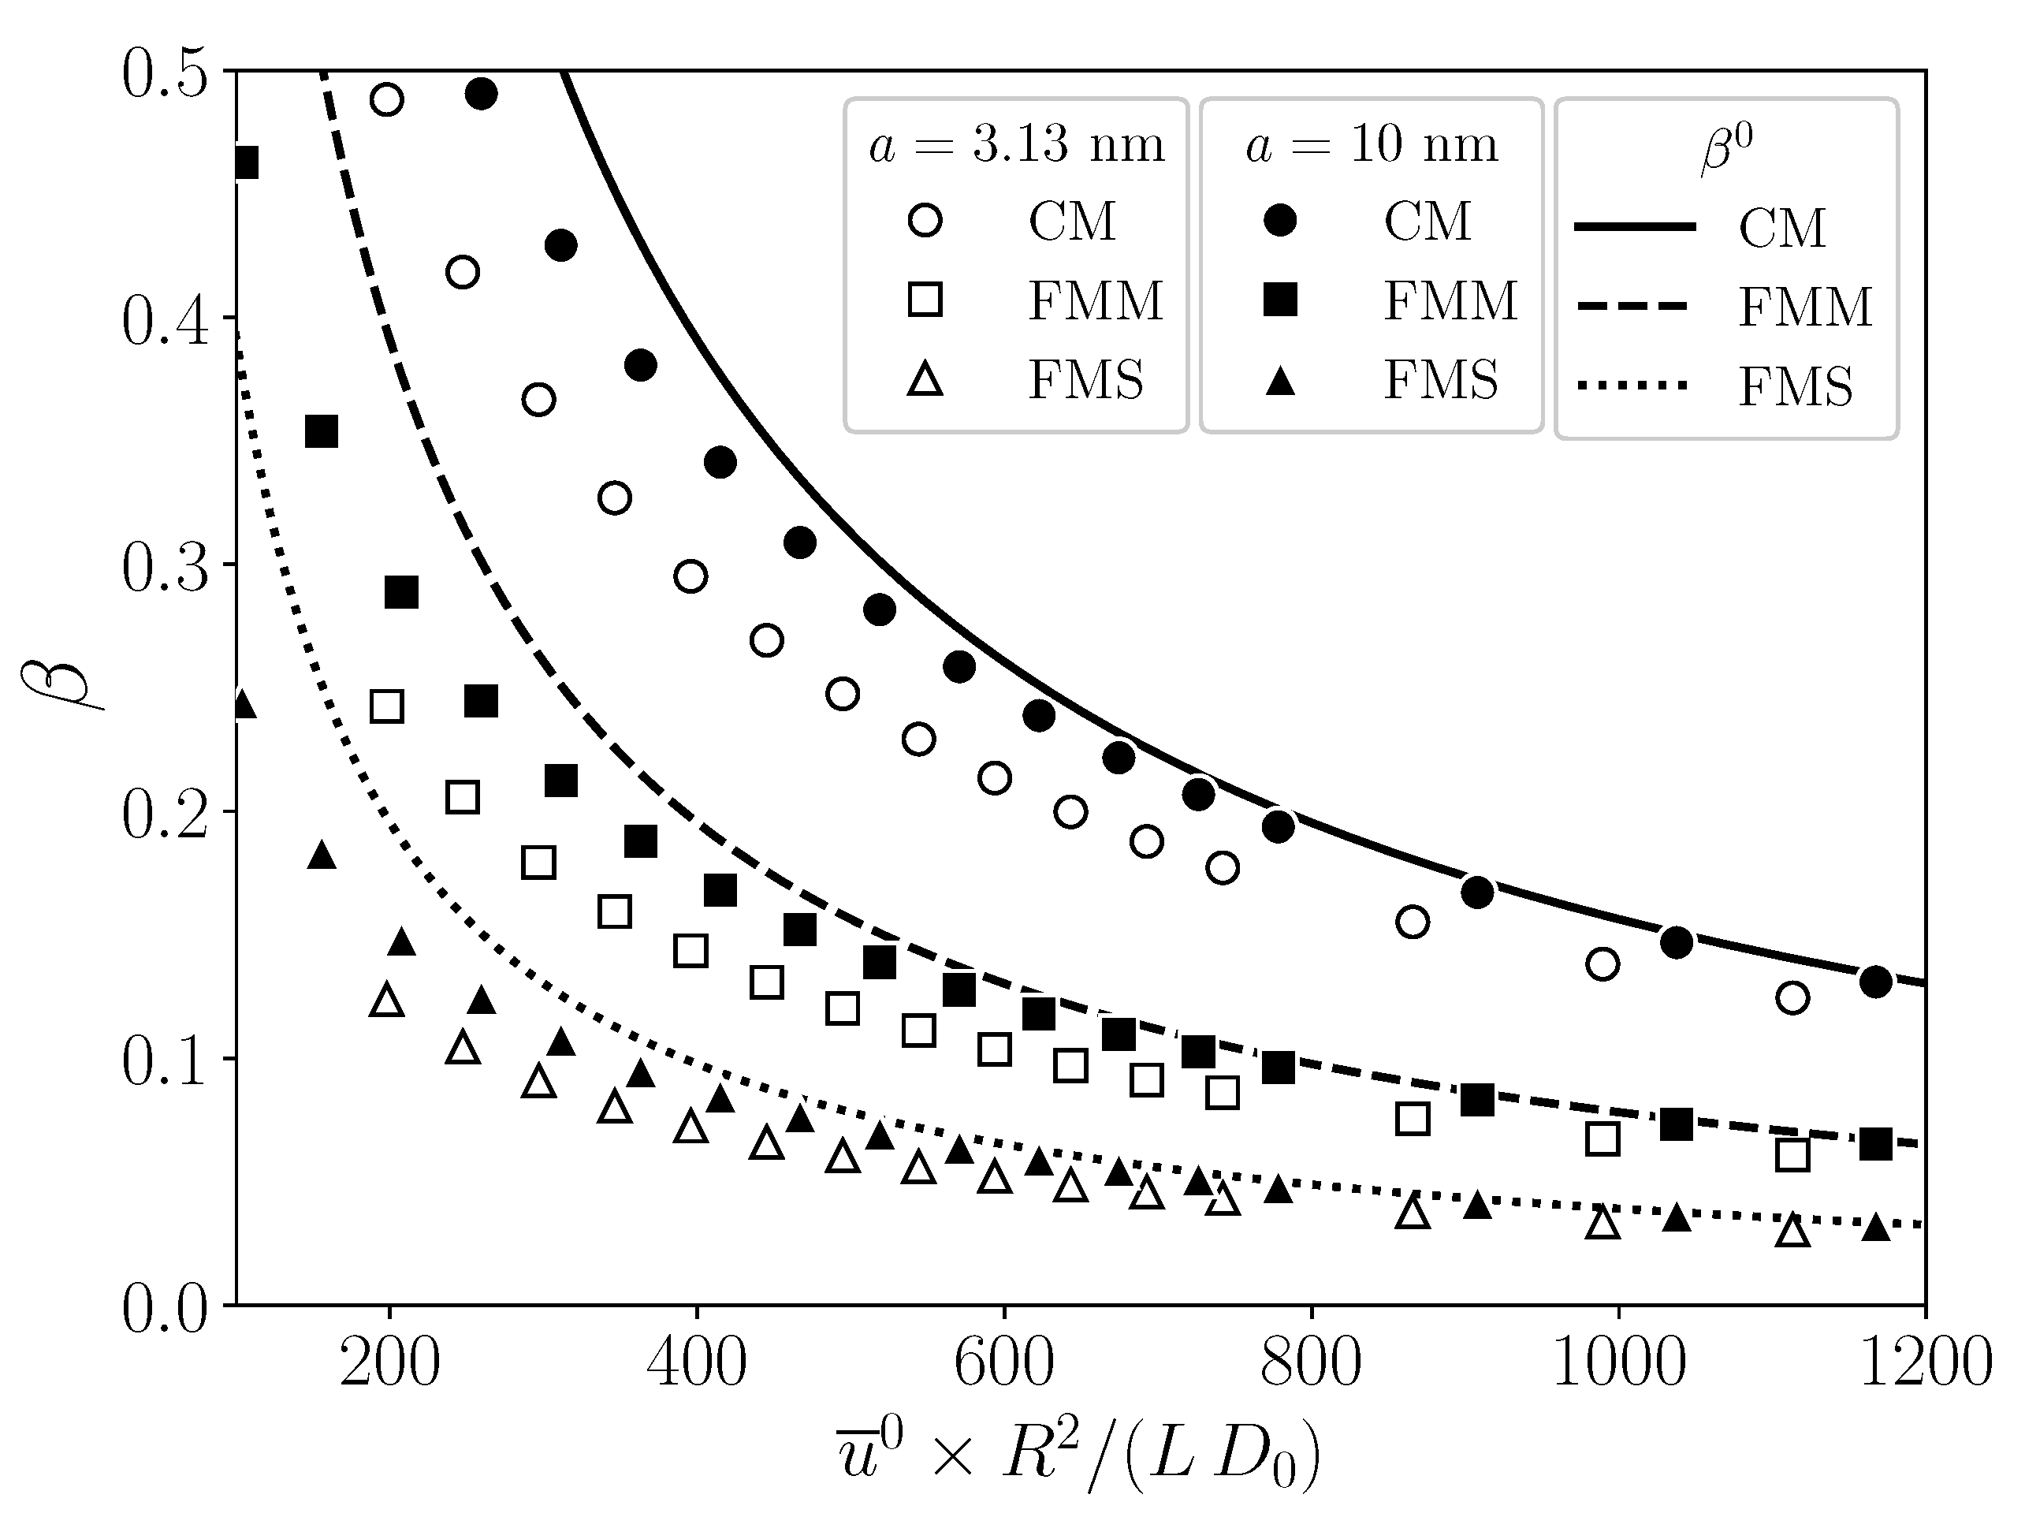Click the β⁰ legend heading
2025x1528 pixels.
pyautogui.click(x=1726, y=149)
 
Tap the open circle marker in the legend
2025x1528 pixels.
pyautogui.click(x=925, y=221)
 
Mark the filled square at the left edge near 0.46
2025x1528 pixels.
pyautogui.click(x=244, y=164)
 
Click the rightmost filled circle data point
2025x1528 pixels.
pyautogui.click(x=1876, y=982)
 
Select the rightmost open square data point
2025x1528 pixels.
pyautogui.click(x=1792, y=1154)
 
